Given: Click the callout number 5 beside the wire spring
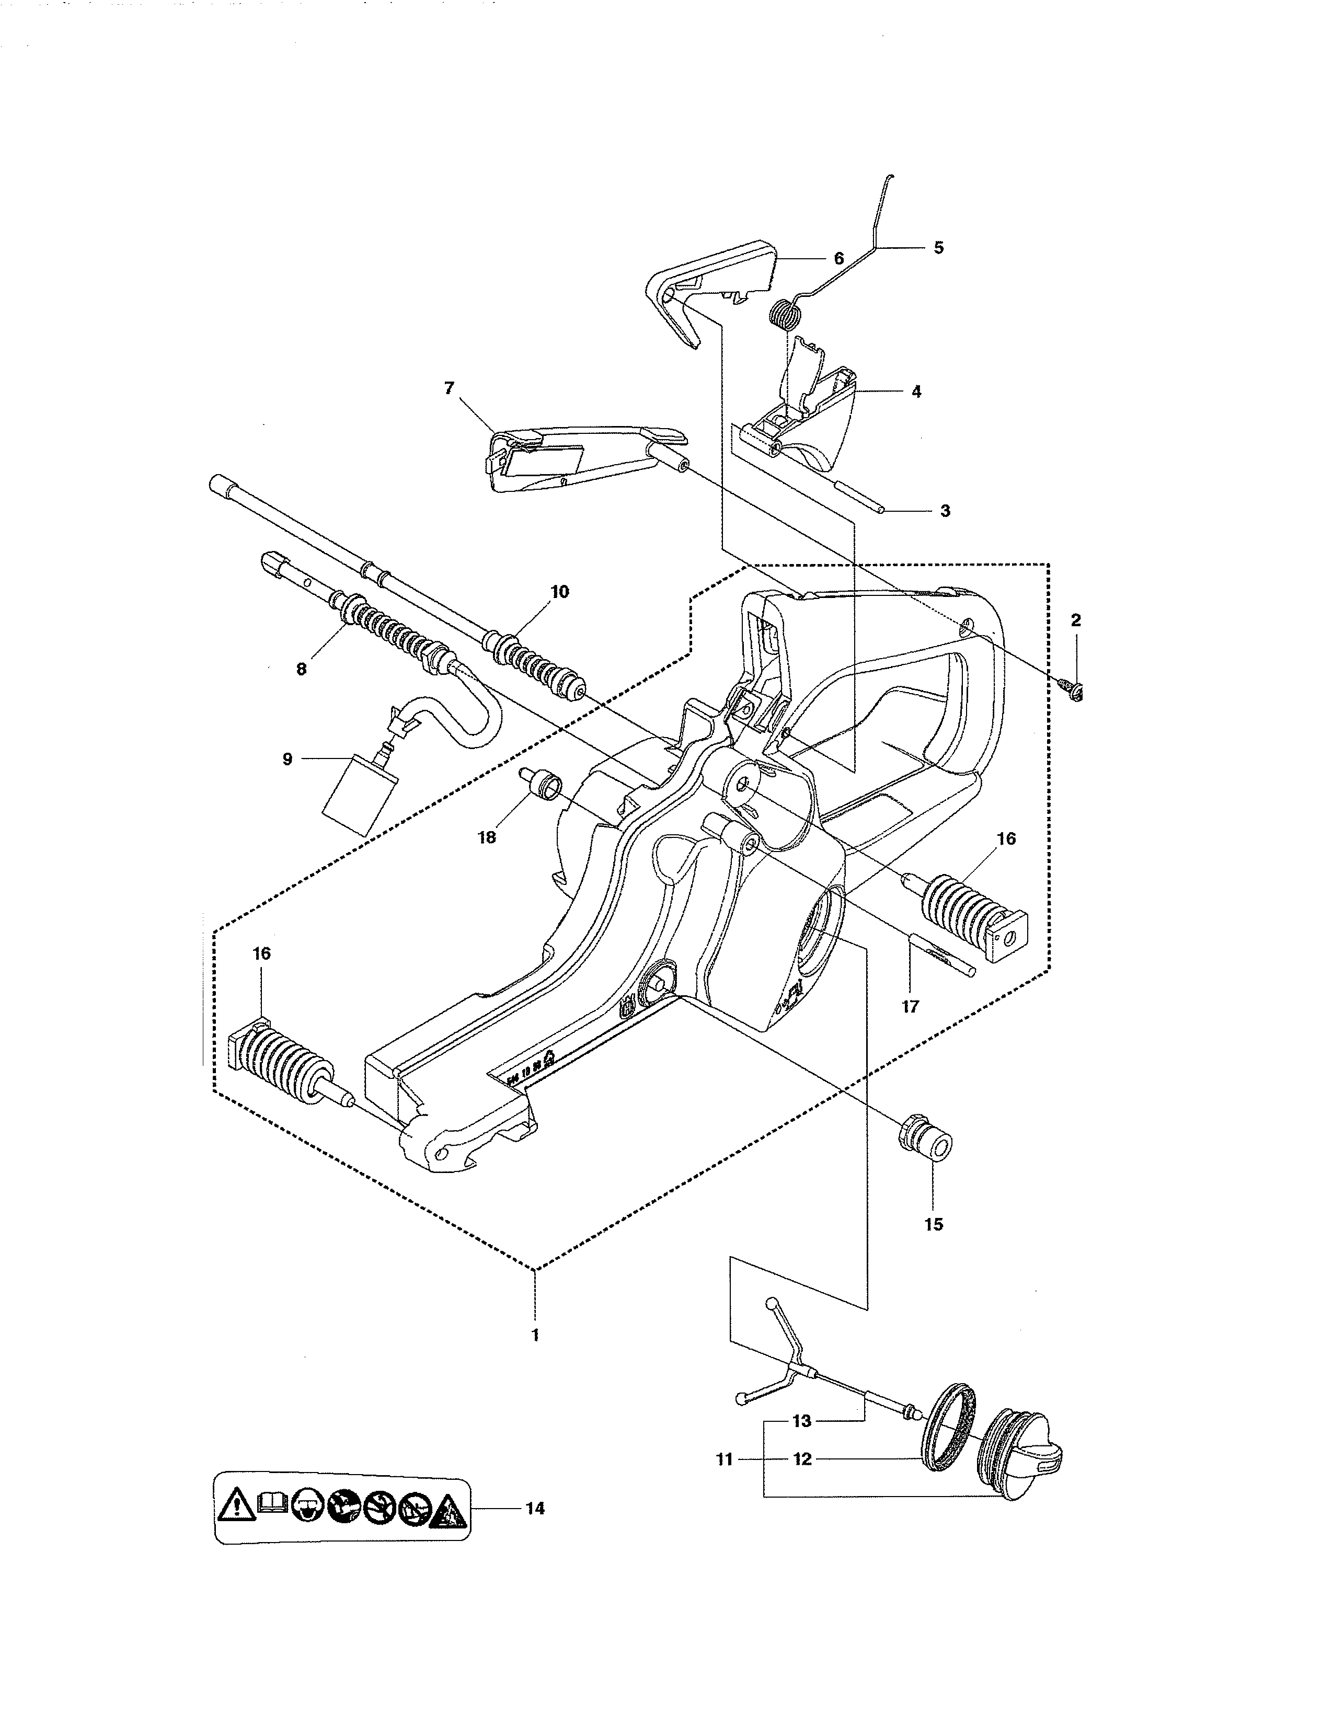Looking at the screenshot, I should pyautogui.click(x=938, y=248).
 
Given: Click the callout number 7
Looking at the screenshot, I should pyautogui.click(x=450, y=388).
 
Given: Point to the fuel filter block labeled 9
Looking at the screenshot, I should pyautogui.click(x=359, y=794).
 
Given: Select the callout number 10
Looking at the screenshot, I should pyautogui.click(x=559, y=592).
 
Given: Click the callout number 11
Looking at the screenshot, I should pyautogui.click(x=724, y=1459).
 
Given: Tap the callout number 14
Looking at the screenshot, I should pyautogui.click(x=535, y=1509).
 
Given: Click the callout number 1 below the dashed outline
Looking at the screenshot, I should pyautogui.click(x=535, y=1335).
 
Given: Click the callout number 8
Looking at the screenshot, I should pyautogui.click(x=301, y=669).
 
